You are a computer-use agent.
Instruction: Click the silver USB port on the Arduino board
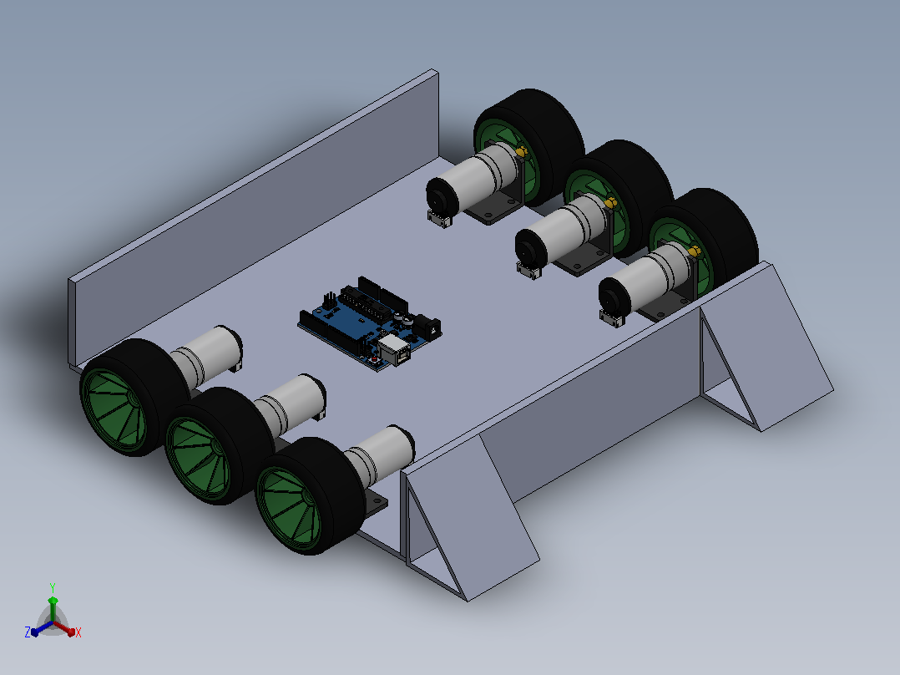click(395, 350)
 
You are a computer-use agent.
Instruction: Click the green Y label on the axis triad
click(53, 587)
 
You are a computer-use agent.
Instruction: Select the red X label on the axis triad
click(78, 632)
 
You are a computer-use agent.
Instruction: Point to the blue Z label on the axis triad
click(28, 632)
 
